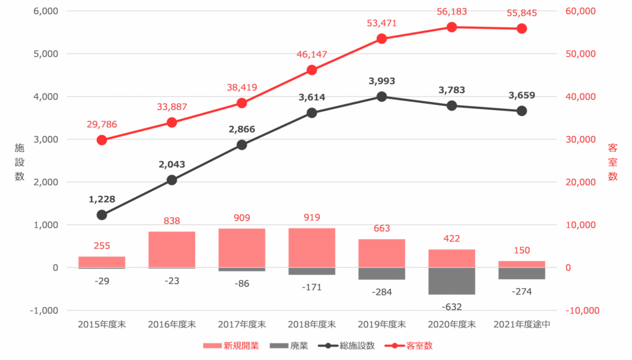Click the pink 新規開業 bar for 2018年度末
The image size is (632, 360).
point(312,248)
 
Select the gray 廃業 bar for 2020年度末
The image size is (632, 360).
point(451,281)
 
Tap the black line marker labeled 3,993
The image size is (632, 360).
point(381,96)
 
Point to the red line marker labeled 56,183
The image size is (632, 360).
point(451,27)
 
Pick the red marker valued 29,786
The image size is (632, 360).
point(102,140)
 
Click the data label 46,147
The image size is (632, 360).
point(312,54)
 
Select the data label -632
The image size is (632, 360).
point(451,306)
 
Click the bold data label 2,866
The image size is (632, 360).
point(242,130)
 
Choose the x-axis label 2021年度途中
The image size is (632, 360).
point(522,324)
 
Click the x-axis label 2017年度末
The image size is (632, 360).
point(242,324)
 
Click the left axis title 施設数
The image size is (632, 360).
point(19,162)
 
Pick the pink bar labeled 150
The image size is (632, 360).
point(522,264)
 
